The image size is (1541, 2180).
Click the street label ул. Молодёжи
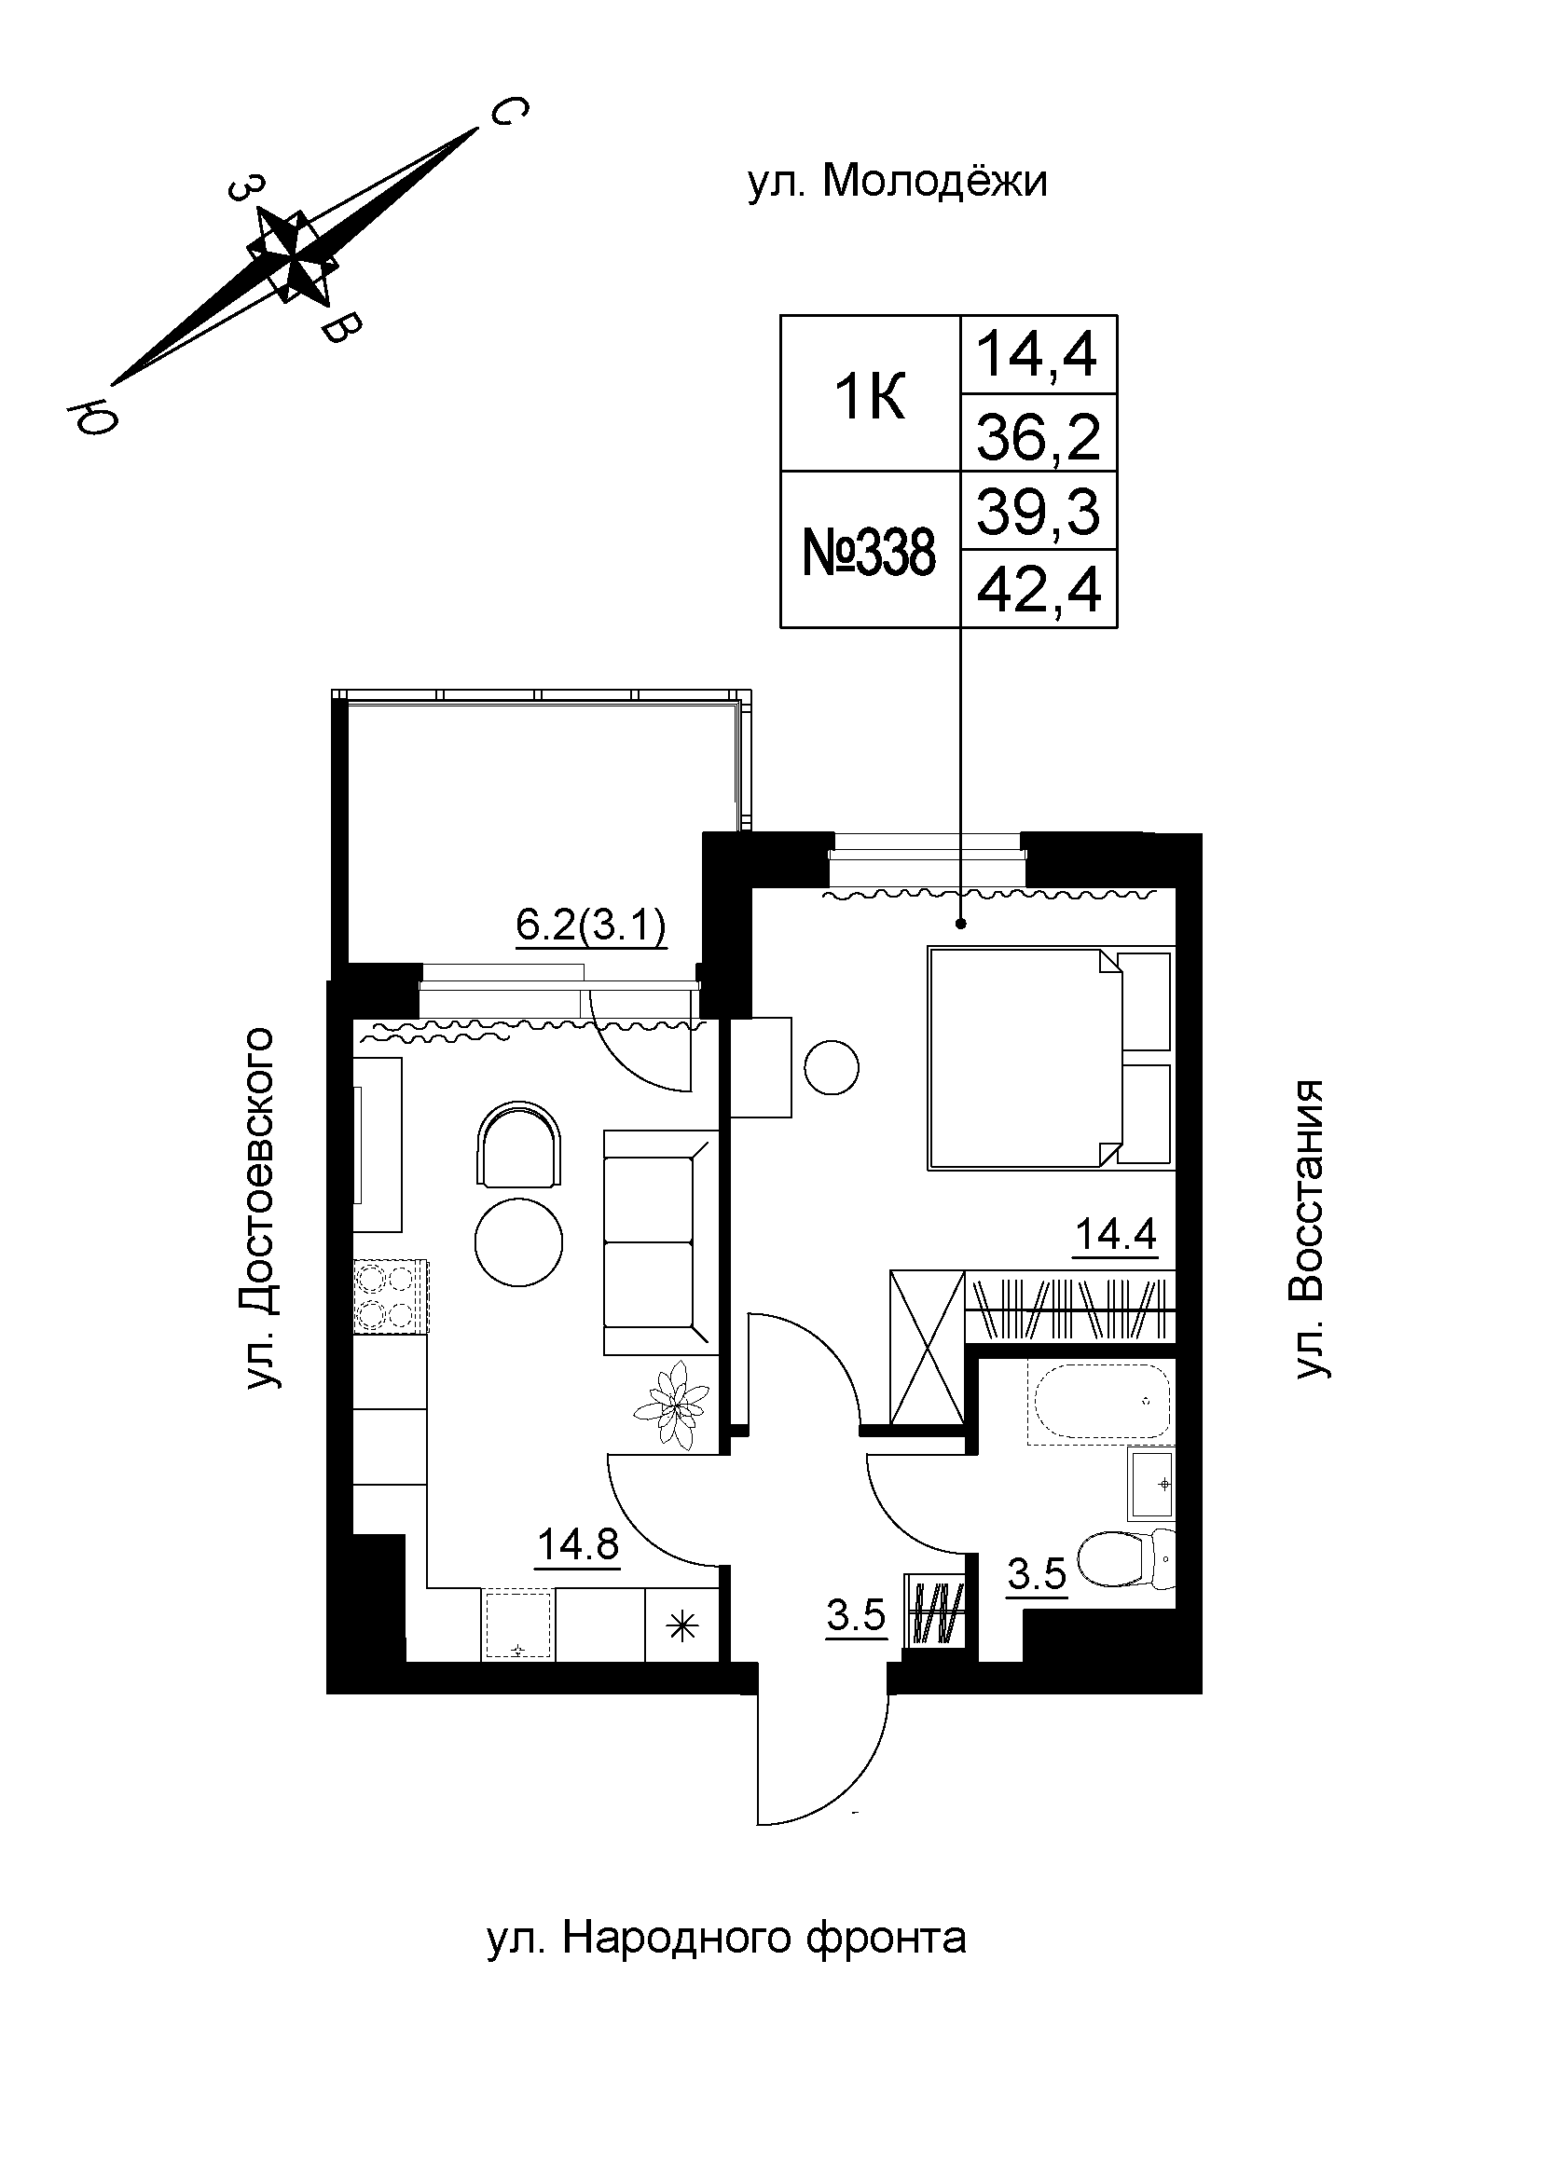pos(896,181)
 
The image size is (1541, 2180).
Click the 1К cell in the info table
pos(869,396)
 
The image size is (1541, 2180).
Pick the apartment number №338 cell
pos(869,552)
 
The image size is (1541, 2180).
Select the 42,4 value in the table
pos(1038,591)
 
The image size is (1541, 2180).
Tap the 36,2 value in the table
pos(1038,437)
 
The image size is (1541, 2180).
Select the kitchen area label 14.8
pos(577,1544)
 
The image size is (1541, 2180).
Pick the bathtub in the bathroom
pos(1101,1402)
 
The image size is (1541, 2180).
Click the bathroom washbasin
pos(1150,1483)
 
